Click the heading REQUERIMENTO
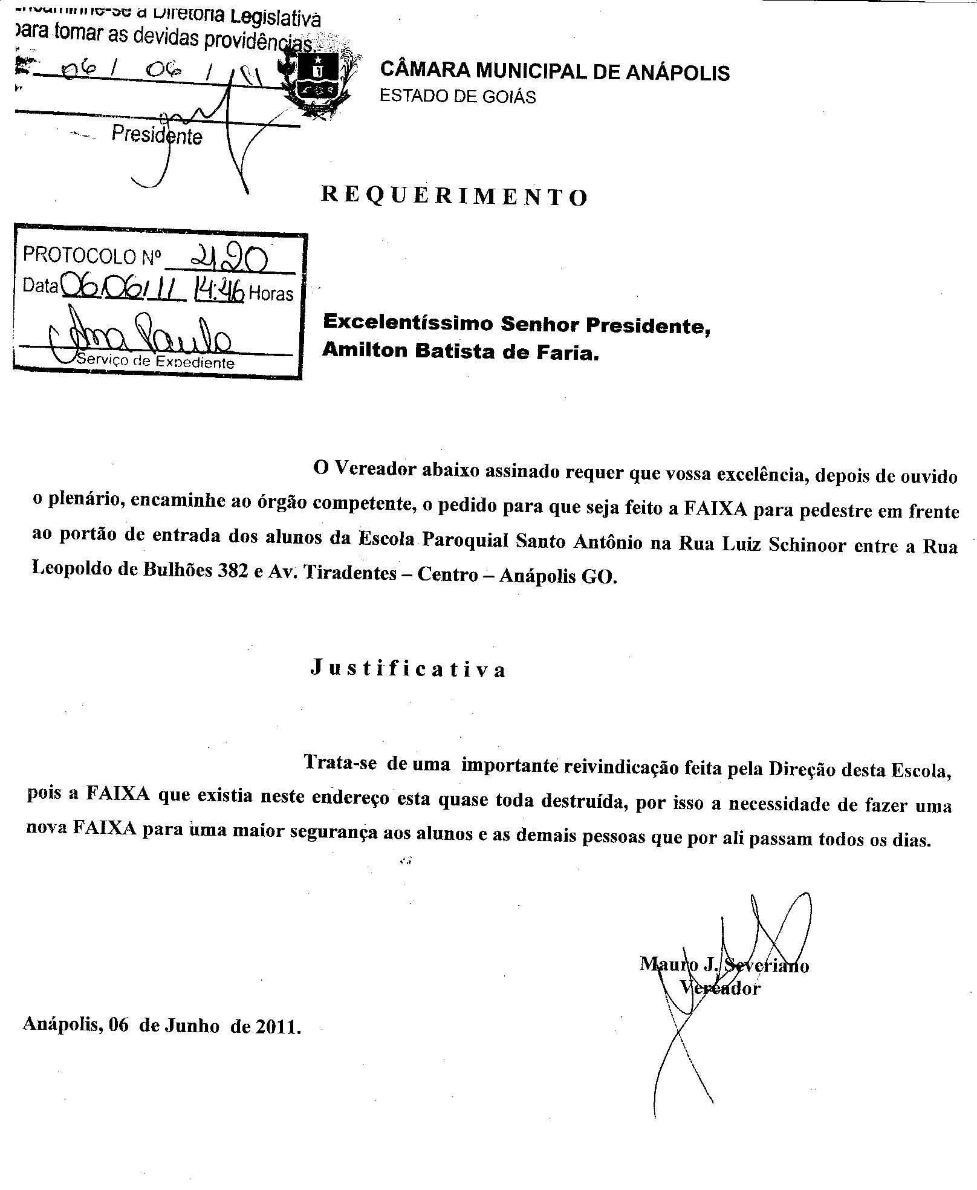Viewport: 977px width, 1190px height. coord(454,196)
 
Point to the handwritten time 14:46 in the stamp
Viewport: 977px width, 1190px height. coord(218,292)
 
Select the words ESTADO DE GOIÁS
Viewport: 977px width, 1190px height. coord(458,97)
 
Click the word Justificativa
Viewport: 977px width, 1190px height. coord(408,668)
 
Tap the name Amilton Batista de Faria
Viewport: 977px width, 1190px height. coord(460,351)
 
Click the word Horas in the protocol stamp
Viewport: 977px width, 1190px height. coord(271,294)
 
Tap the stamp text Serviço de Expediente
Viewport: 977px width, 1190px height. coord(155,362)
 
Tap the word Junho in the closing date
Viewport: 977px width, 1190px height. coord(191,1026)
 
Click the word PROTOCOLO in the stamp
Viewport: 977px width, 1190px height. coord(79,256)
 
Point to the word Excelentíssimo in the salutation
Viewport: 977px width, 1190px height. coord(408,323)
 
